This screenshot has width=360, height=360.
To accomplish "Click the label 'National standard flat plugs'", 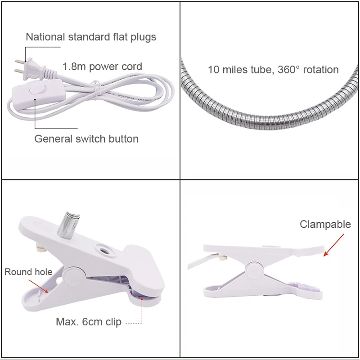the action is coord(91,37).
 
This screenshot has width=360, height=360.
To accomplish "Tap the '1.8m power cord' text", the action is coord(102,67).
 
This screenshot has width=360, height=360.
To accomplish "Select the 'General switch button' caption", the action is coord(86,138).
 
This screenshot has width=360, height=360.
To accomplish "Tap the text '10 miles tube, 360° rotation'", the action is coord(273,70).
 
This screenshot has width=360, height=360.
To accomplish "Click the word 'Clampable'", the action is coord(325,224).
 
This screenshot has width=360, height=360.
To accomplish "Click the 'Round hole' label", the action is coord(28,272).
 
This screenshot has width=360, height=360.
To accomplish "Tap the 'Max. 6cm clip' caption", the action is coord(88,322).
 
